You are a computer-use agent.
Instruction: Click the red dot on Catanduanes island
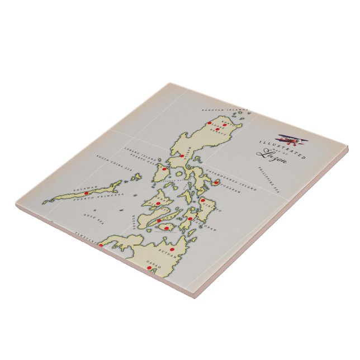tap(216, 182)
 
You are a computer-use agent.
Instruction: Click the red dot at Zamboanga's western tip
tap(101, 244)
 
